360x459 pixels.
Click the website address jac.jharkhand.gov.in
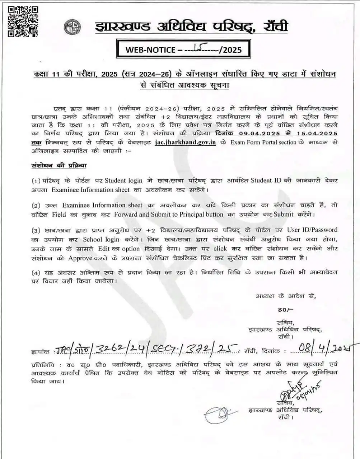(x=186, y=142)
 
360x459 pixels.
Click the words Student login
(x=124, y=180)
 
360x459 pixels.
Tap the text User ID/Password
(x=312, y=229)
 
